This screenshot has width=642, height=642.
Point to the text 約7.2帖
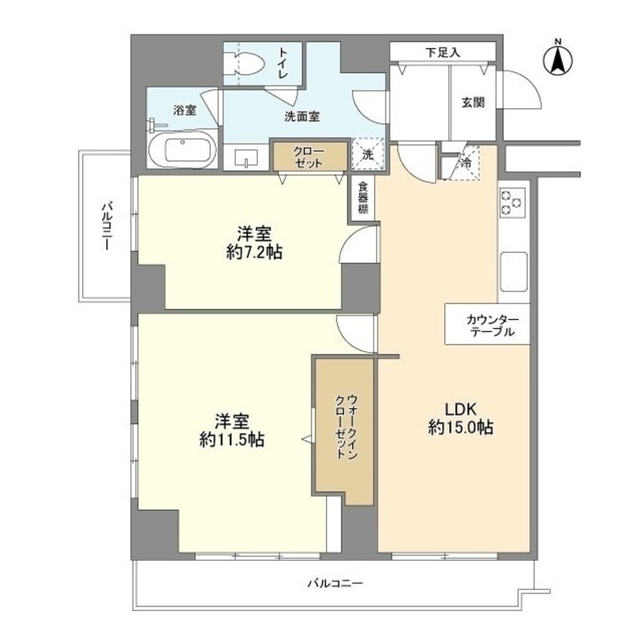click(254, 253)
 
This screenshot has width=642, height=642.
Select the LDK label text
click(460, 409)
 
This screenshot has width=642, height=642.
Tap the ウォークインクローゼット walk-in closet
click(345, 427)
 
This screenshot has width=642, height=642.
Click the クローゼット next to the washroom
click(309, 157)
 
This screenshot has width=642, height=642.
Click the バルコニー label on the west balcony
click(107, 226)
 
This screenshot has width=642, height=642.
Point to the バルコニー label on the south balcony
click(334, 584)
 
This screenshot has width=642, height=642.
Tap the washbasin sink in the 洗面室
click(247, 159)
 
